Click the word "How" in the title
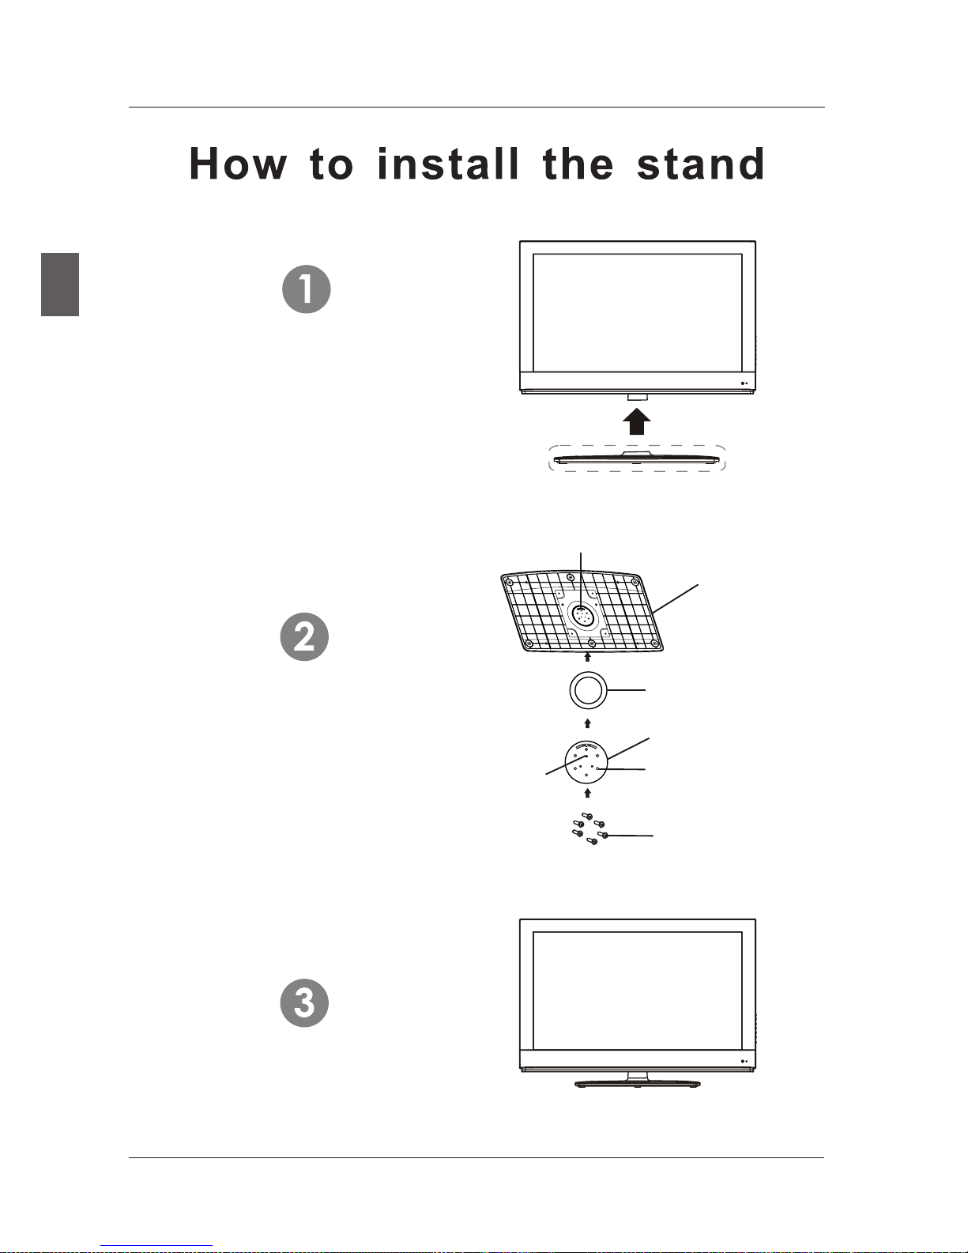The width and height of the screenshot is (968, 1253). (238, 164)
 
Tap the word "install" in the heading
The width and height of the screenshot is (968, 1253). (448, 164)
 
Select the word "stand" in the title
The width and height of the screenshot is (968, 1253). (701, 164)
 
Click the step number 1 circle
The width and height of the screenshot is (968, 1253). (306, 289)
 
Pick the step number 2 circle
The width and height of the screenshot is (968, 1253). (304, 636)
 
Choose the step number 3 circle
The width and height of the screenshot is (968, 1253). (304, 1002)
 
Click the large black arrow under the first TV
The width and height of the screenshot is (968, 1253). (637, 422)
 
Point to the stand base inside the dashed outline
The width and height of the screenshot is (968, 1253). (637, 459)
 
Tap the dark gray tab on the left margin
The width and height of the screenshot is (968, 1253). (60, 285)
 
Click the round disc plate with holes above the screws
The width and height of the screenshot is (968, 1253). (586, 762)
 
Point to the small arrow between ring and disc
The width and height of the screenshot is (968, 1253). (588, 723)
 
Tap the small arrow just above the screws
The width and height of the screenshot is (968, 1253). (588, 794)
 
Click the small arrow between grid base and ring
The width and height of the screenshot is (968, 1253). (588, 657)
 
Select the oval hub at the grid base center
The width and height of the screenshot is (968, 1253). (582, 615)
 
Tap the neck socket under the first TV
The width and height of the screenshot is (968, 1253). (637, 398)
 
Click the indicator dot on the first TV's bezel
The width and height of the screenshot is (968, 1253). (743, 384)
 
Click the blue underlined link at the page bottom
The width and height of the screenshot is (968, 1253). (156, 1246)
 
